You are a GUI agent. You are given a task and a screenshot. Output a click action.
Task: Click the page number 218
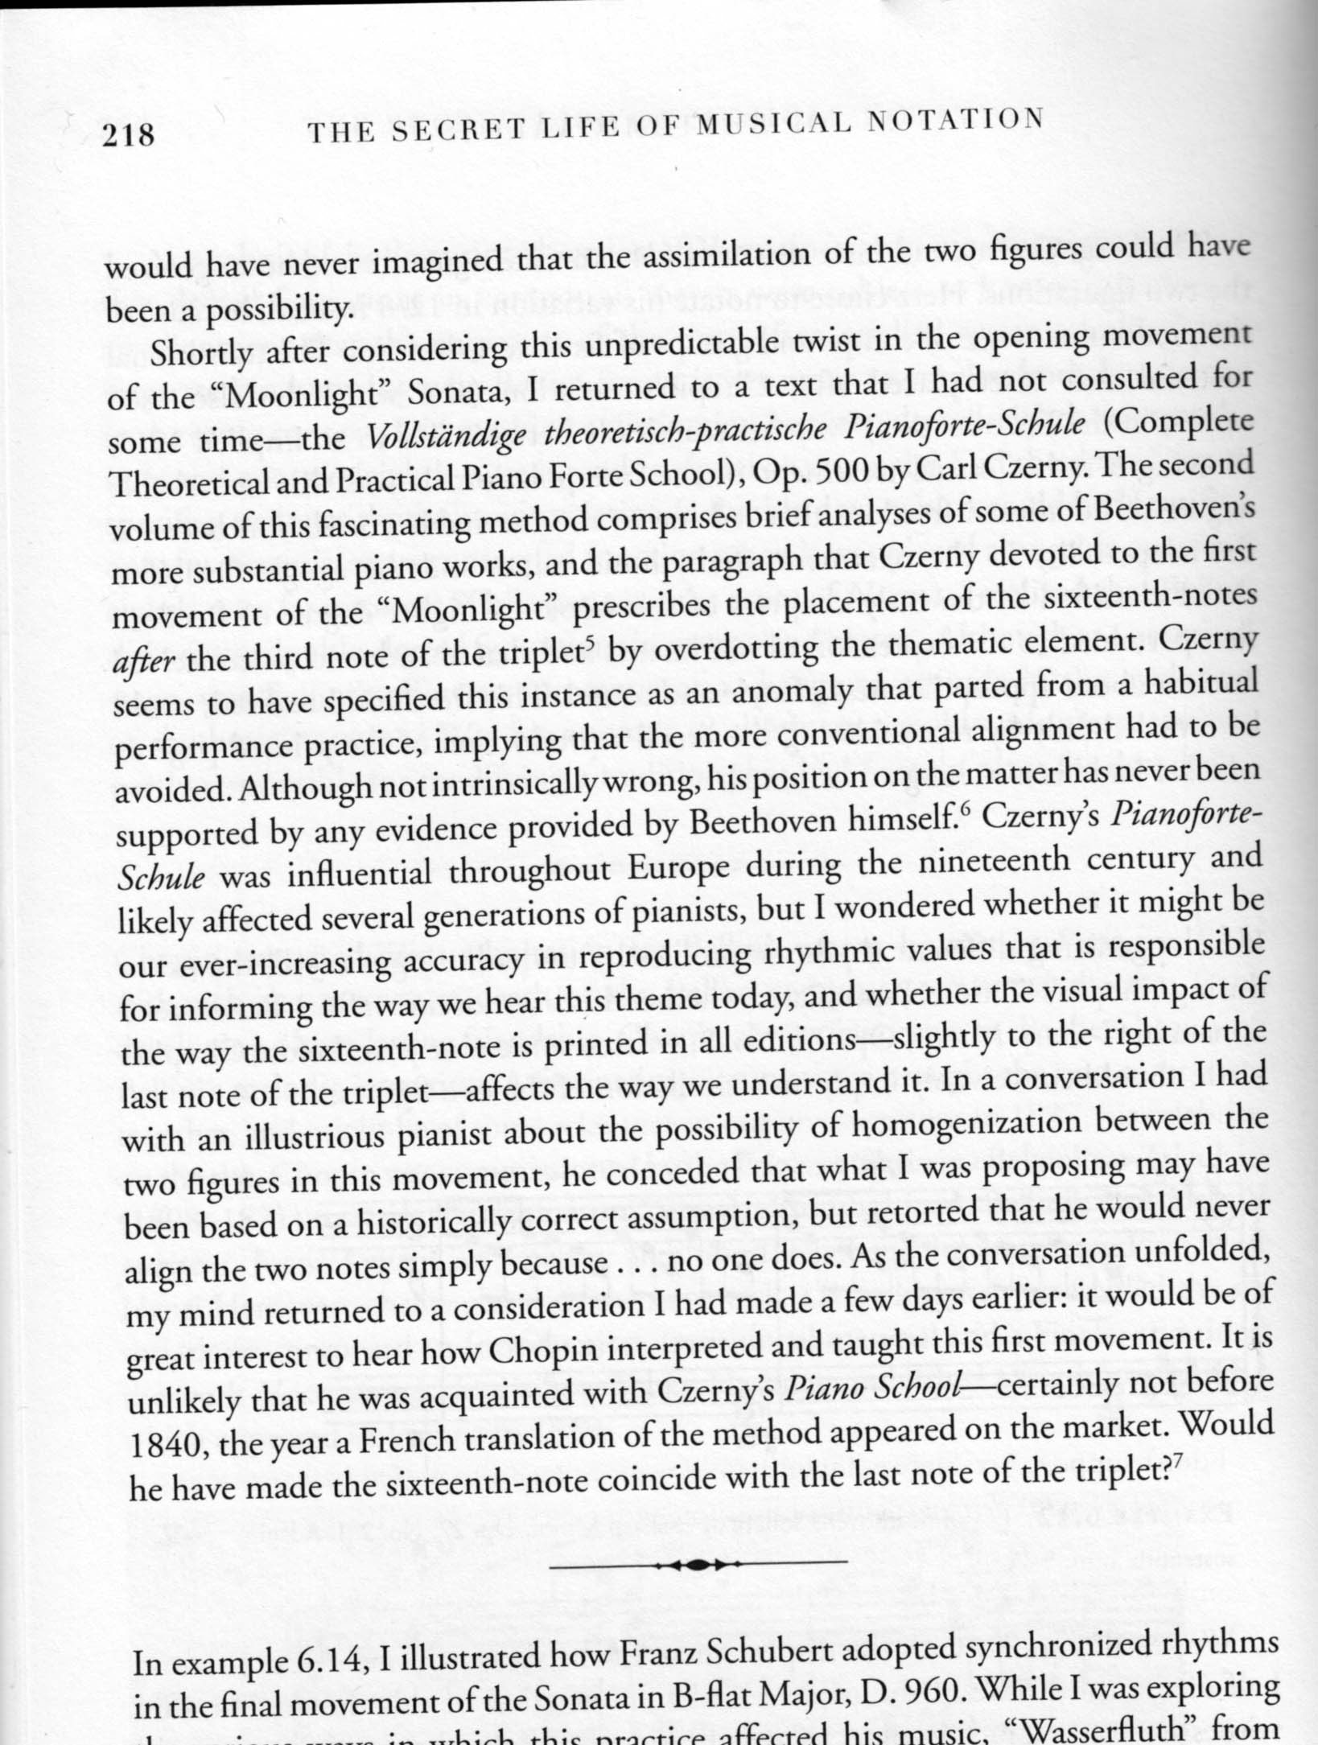coord(128,134)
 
